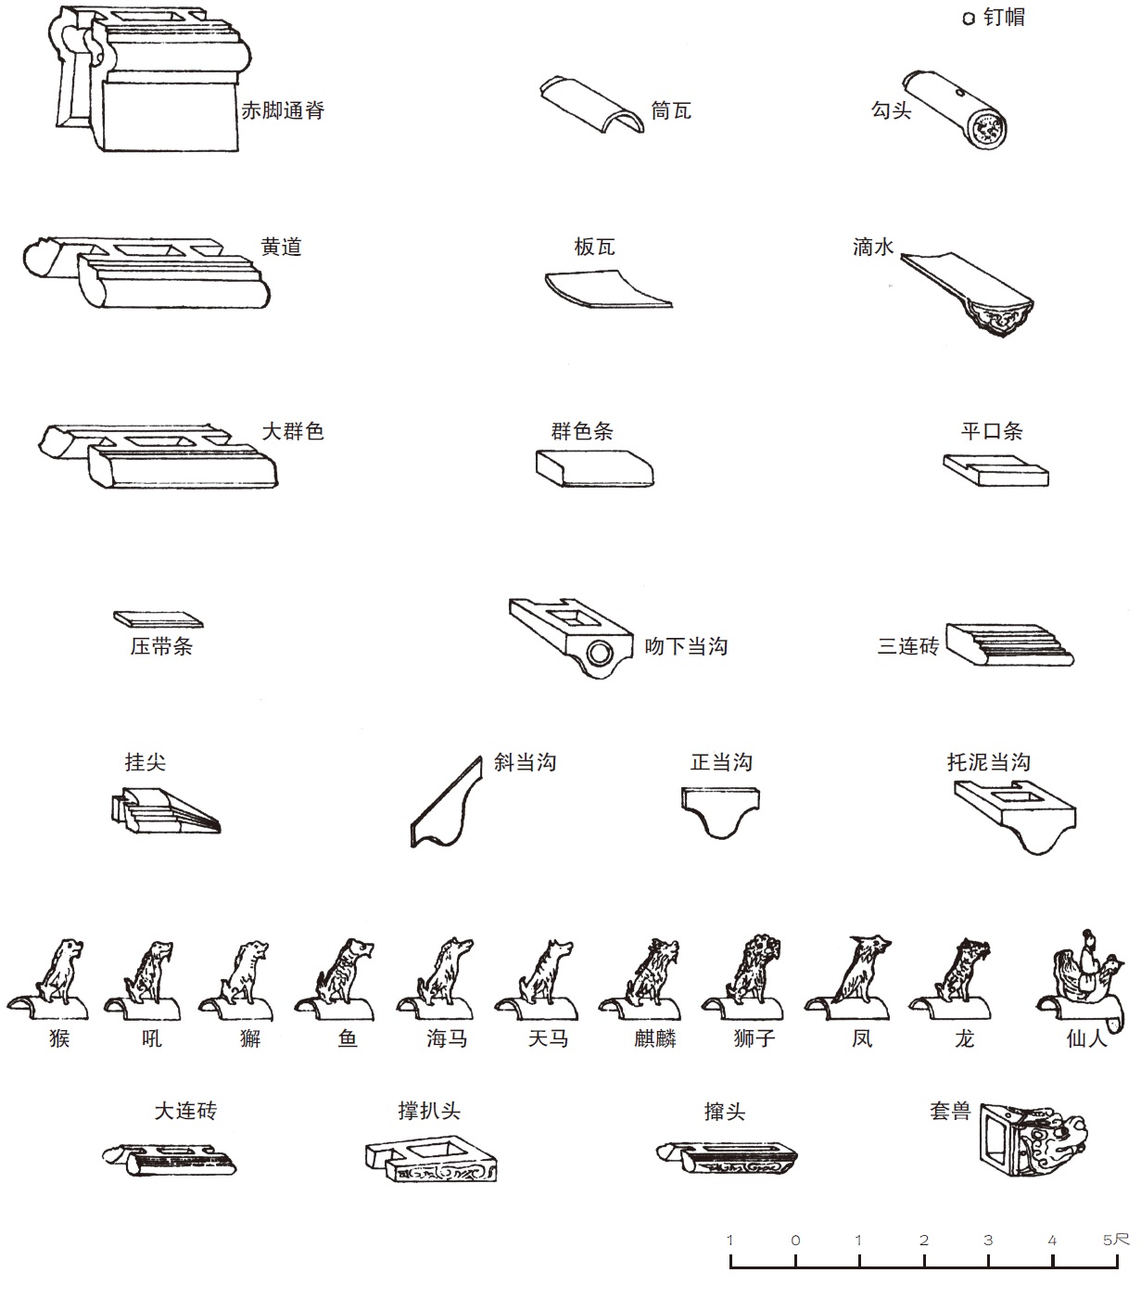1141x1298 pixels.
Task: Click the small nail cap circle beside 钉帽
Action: (969, 19)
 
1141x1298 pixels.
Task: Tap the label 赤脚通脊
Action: (283, 110)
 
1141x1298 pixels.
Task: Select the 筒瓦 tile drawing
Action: (591, 105)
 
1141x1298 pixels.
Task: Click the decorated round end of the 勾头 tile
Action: (988, 128)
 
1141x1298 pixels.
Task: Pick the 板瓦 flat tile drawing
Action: (608, 289)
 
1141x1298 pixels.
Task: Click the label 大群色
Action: (293, 431)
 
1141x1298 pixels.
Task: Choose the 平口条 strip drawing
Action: (995, 471)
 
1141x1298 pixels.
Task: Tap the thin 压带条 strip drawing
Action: (158, 619)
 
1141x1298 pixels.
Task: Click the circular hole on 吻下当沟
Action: (600, 655)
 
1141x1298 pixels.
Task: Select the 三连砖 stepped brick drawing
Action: (1009, 644)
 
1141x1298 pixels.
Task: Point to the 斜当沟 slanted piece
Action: (447, 802)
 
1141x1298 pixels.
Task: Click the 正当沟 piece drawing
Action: (720, 812)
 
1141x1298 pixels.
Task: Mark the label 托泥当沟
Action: (988, 762)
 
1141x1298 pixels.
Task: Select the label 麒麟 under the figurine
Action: (654, 1037)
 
